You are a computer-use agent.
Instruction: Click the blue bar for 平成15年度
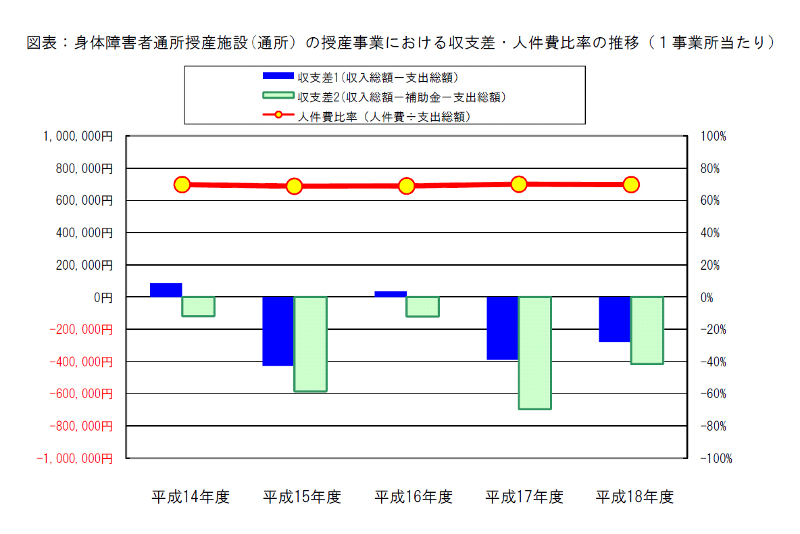click(x=278, y=331)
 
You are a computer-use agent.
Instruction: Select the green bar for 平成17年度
click(x=534, y=353)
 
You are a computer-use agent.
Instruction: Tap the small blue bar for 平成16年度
click(x=391, y=294)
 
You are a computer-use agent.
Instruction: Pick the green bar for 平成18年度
click(x=647, y=331)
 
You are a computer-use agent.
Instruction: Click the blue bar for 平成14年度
click(x=166, y=290)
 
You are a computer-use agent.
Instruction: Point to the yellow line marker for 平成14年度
click(x=182, y=185)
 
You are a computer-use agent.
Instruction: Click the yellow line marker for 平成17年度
click(x=519, y=184)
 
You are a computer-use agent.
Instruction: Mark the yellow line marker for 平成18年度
click(x=631, y=185)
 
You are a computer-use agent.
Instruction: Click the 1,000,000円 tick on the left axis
click(x=78, y=137)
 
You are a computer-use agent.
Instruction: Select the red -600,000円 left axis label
click(x=81, y=393)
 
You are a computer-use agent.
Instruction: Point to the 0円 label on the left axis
click(x=103, y=297)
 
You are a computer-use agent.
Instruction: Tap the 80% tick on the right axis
click(x=709, y=168)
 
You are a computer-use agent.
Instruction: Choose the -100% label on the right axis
click(x=716, y=458)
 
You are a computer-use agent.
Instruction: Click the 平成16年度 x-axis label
click(x=414, y=496)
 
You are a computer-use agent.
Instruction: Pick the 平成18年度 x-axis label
click(x=634, y=496)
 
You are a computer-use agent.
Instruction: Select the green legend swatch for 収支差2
click(x=278, y=95)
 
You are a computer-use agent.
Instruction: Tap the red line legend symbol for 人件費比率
click(x=278, y=115)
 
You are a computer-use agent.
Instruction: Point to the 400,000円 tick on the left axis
click(x=84, y=233)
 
